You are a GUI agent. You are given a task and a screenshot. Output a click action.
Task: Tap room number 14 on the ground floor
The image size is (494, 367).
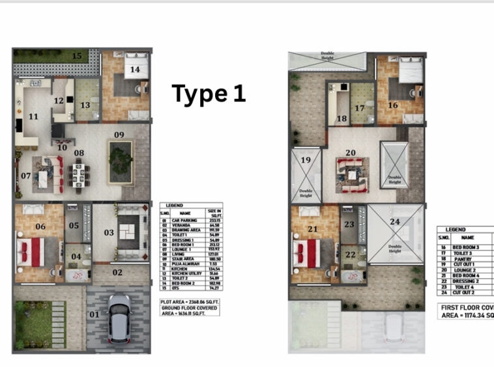[135, 68]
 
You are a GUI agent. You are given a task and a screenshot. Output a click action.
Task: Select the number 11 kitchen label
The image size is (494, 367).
[33, 116]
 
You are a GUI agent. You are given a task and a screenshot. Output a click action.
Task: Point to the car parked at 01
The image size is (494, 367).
[118, 318]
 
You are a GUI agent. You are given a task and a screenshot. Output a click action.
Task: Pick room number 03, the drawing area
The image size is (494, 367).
[109, 232]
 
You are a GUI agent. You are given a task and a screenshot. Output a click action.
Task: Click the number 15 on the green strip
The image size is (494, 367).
[78, 56]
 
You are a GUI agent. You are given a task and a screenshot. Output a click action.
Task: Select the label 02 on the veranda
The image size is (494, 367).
[117, 273]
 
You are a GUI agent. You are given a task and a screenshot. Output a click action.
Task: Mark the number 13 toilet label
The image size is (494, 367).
[85, 105]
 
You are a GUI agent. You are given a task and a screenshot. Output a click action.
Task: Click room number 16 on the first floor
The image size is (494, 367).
[392, 105]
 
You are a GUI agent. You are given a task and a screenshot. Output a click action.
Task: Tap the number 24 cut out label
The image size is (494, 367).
[394, 221]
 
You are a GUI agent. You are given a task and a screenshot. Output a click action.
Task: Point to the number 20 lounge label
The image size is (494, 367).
[351, 153]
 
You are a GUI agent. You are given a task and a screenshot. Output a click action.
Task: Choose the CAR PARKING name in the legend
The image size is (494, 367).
[185, 220]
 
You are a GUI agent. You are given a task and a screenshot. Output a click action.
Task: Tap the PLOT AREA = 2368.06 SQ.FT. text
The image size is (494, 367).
[190, 302]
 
